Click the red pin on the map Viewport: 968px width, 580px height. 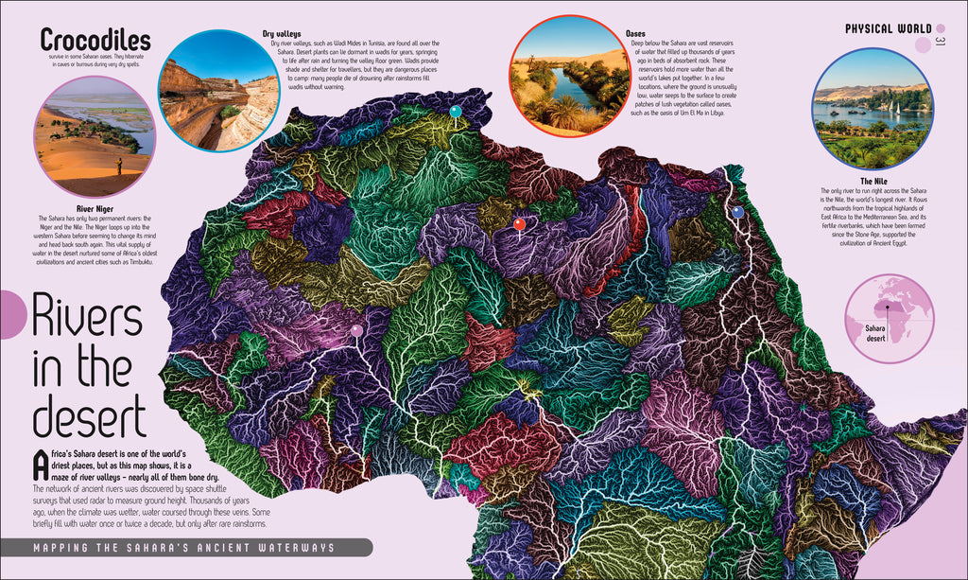(x=519, y=224)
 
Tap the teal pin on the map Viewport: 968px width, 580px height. (x=456, y=112)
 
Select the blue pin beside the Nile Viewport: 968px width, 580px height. (x=738, y=212)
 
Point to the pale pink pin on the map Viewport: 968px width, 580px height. (x=356, y=330)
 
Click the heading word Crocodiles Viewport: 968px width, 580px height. (x=95, y=40)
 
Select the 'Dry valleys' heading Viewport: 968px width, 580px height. (x=281, y=34)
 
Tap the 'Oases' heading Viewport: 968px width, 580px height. (x=635, y=34)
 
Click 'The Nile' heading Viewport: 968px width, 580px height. (x=872, y=181)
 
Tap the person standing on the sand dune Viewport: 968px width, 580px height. (x=118, y=167)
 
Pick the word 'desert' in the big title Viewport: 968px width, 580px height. (x=90, y=416)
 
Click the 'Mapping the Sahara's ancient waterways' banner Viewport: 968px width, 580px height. (x=184, y=547)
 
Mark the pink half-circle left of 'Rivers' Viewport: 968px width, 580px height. (x=11, y=314)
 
